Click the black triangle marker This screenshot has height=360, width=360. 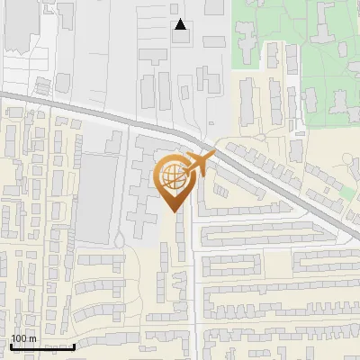click(181, 24)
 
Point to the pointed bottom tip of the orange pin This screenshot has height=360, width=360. click(172, 211)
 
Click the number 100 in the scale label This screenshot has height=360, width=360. click(19, 338)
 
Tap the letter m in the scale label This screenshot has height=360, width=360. click(32, 338)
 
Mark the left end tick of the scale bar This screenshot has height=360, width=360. click(11, 346)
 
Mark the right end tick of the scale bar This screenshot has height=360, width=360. click(73, 346)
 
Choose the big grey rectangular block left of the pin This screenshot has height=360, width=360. click(94, 198)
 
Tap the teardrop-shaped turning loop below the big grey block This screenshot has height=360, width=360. click(118, 239)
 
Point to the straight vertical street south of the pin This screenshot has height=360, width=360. click(194, 288)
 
